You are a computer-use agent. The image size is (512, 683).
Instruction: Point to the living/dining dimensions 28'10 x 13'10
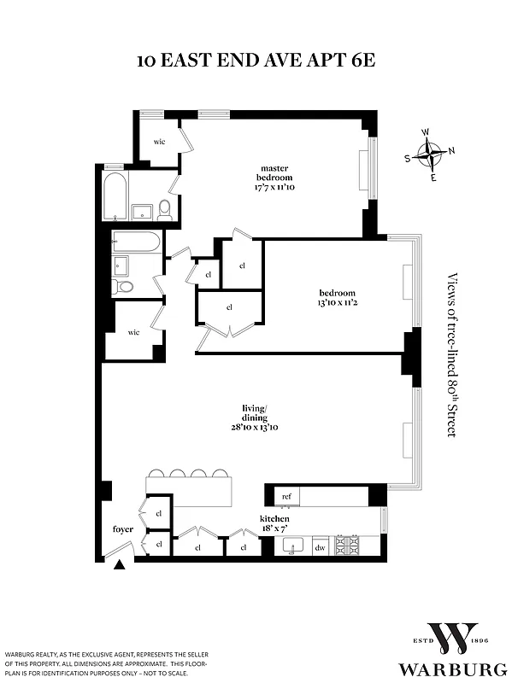point(254,427)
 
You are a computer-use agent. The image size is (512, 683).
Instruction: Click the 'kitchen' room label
point(274,519)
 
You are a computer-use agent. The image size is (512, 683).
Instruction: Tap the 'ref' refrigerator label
point(285,495)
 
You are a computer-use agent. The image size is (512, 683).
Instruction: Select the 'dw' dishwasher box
point(321,548)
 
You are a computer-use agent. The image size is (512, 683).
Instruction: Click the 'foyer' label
point(122,529)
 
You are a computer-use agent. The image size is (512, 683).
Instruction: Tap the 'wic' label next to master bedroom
point(158,141)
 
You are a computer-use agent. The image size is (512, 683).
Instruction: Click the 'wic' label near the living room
point(133,331)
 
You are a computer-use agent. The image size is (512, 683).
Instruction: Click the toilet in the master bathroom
point(165,208)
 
